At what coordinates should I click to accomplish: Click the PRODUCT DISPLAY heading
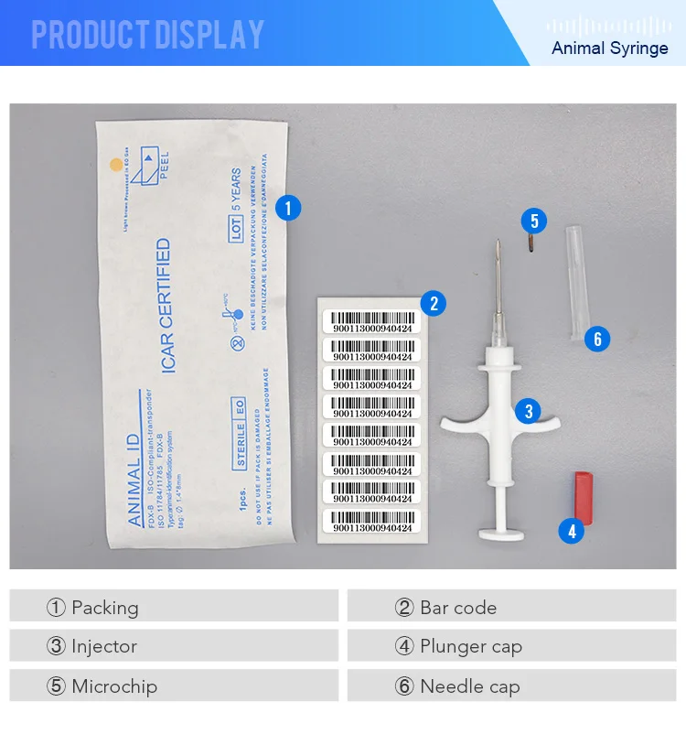[x=148, y=35]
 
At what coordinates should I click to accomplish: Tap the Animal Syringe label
[x=609, y=48]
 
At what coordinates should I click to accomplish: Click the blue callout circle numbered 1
[x=288, y=208]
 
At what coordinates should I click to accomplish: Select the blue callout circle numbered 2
[x=433, y=304]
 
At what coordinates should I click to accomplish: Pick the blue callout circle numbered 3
[x=528, y=411]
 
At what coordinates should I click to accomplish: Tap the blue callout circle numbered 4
[x=571, y=531]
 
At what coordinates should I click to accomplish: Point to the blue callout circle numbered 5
[x=534, y=221]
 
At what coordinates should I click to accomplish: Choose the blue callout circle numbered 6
[x=596, y=340]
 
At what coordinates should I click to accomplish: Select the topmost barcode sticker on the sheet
[x=371, y=321]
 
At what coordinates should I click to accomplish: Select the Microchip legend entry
[x=102, y=686]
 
